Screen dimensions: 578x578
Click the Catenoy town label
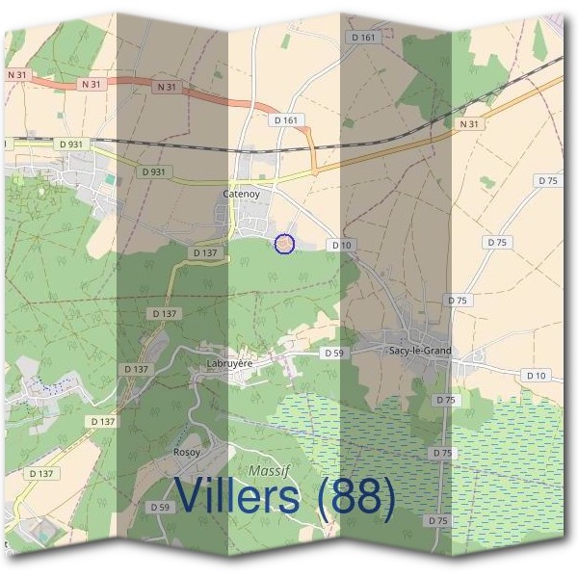(x=242, y=194)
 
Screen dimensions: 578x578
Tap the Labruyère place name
(x=229, y=363)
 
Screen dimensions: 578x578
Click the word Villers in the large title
(x=246, y=497)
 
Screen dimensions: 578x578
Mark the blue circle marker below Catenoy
(x=284, y=245)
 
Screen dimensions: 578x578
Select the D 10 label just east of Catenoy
(x=341, y=246)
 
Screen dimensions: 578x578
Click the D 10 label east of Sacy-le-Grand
(x=536, y=374)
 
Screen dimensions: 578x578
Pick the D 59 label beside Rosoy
(x=160, y=507)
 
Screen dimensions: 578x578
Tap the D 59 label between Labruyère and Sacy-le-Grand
(x=333, y=354)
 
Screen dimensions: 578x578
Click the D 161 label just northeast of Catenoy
(x=286, y=120)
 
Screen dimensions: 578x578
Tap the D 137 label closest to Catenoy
(x=207, y=252)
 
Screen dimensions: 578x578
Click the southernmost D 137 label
(x=41, y=473)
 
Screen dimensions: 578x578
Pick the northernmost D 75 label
(x=548, y=181)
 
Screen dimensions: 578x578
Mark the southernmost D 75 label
(x=437, y=521)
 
